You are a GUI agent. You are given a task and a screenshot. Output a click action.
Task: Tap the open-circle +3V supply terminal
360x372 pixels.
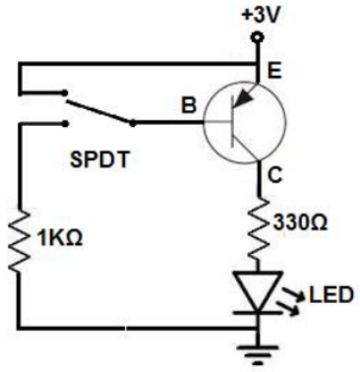coord(258,38)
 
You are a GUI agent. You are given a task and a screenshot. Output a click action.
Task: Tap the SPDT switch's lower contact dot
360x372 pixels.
coord(67,124)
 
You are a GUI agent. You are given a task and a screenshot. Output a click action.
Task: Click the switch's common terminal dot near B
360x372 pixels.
coord(134,124)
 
